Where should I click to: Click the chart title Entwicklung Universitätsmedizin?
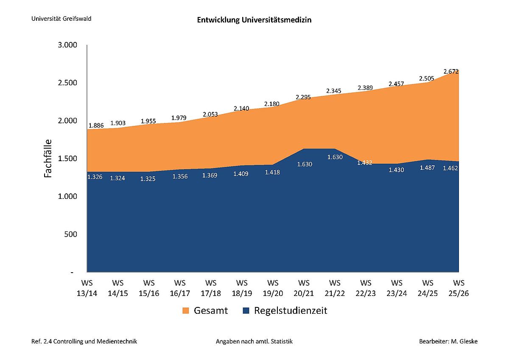tap(254, 20)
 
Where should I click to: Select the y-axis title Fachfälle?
tap(48, 158)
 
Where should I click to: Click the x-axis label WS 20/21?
tap(304, 287)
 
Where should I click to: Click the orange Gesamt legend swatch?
tap(185, 311)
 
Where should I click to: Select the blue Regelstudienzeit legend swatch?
tap(246, 311)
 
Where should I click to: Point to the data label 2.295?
tap(303, 97)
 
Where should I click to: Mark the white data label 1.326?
tap(95, 176)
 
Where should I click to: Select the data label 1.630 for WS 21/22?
tap(334, 157)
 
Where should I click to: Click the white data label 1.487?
tap(427, 167)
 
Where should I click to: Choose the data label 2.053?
tap(210, 114)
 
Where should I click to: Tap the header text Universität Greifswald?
tap(61, 19)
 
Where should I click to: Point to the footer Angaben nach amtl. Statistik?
tap(254, 341)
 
